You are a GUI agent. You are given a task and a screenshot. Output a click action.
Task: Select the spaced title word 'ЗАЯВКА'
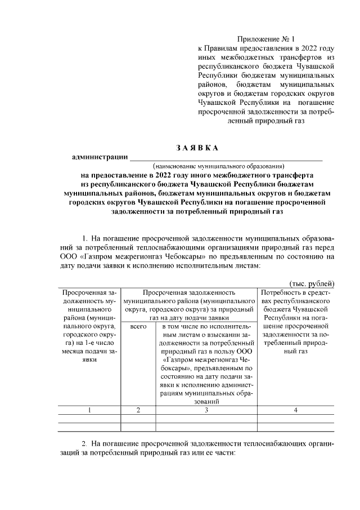point(196,148)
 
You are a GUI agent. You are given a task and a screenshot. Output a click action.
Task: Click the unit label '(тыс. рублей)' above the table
point(311,283)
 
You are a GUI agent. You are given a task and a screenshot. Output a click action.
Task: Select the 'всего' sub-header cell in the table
point(138,326)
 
